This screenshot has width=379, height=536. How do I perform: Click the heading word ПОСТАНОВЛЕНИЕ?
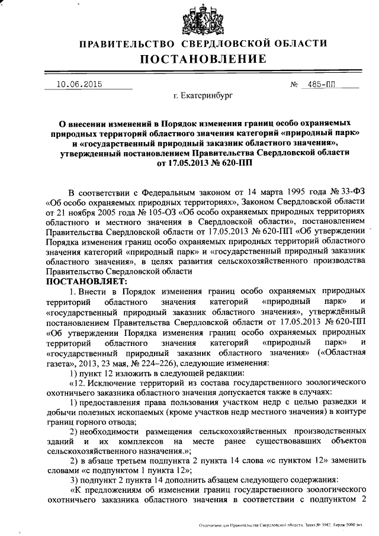(x=203, y=59)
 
